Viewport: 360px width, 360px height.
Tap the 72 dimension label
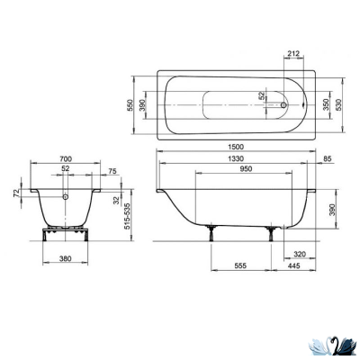coord(15,193)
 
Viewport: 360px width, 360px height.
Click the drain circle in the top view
coord(286,104)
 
